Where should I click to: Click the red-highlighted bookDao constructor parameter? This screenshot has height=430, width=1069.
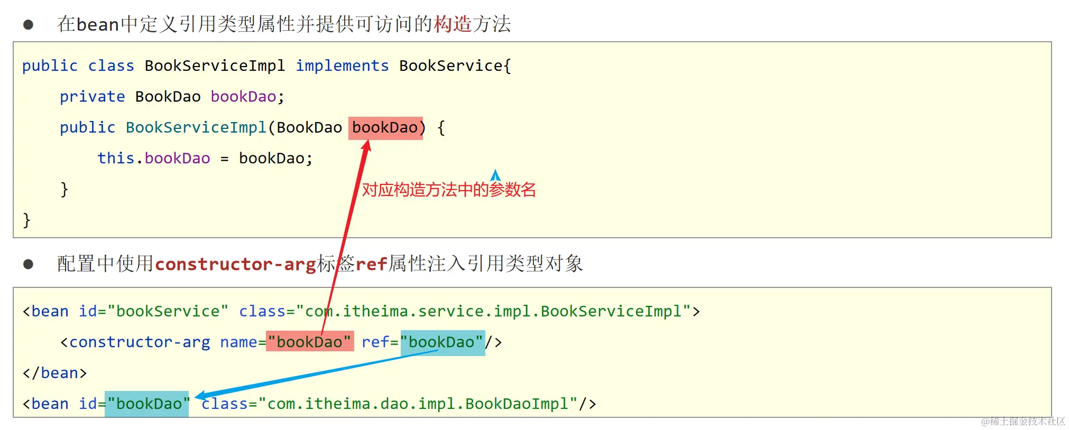click(385, 128)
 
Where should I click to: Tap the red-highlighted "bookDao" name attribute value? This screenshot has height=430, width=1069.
click(310, 342)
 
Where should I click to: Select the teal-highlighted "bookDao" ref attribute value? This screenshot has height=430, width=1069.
click(443, 342)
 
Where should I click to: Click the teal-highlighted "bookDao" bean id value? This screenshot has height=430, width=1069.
click(147, 404)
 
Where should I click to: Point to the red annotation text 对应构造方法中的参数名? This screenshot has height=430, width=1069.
click(448, 190)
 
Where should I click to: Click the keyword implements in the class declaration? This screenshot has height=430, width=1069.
click(342, 66)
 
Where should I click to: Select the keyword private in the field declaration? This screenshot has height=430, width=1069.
click(92, 97)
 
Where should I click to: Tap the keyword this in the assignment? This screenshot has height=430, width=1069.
click(116, 158)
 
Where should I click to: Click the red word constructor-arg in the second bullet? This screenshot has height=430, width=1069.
click(235, 264)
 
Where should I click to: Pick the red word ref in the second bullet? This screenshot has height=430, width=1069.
click(371, 264)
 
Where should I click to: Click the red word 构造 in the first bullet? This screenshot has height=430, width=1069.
click(453, 24)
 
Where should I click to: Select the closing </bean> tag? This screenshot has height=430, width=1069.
click(55, 373)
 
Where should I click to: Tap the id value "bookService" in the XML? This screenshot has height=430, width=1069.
click(168, 312)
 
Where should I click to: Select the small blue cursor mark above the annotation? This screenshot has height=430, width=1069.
click(495, 175)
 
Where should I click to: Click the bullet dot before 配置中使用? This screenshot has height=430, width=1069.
click(29, 264)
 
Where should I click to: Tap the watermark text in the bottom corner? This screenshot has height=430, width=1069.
click(1022, 421)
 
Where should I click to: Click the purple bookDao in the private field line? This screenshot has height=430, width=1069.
click(243, 97)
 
